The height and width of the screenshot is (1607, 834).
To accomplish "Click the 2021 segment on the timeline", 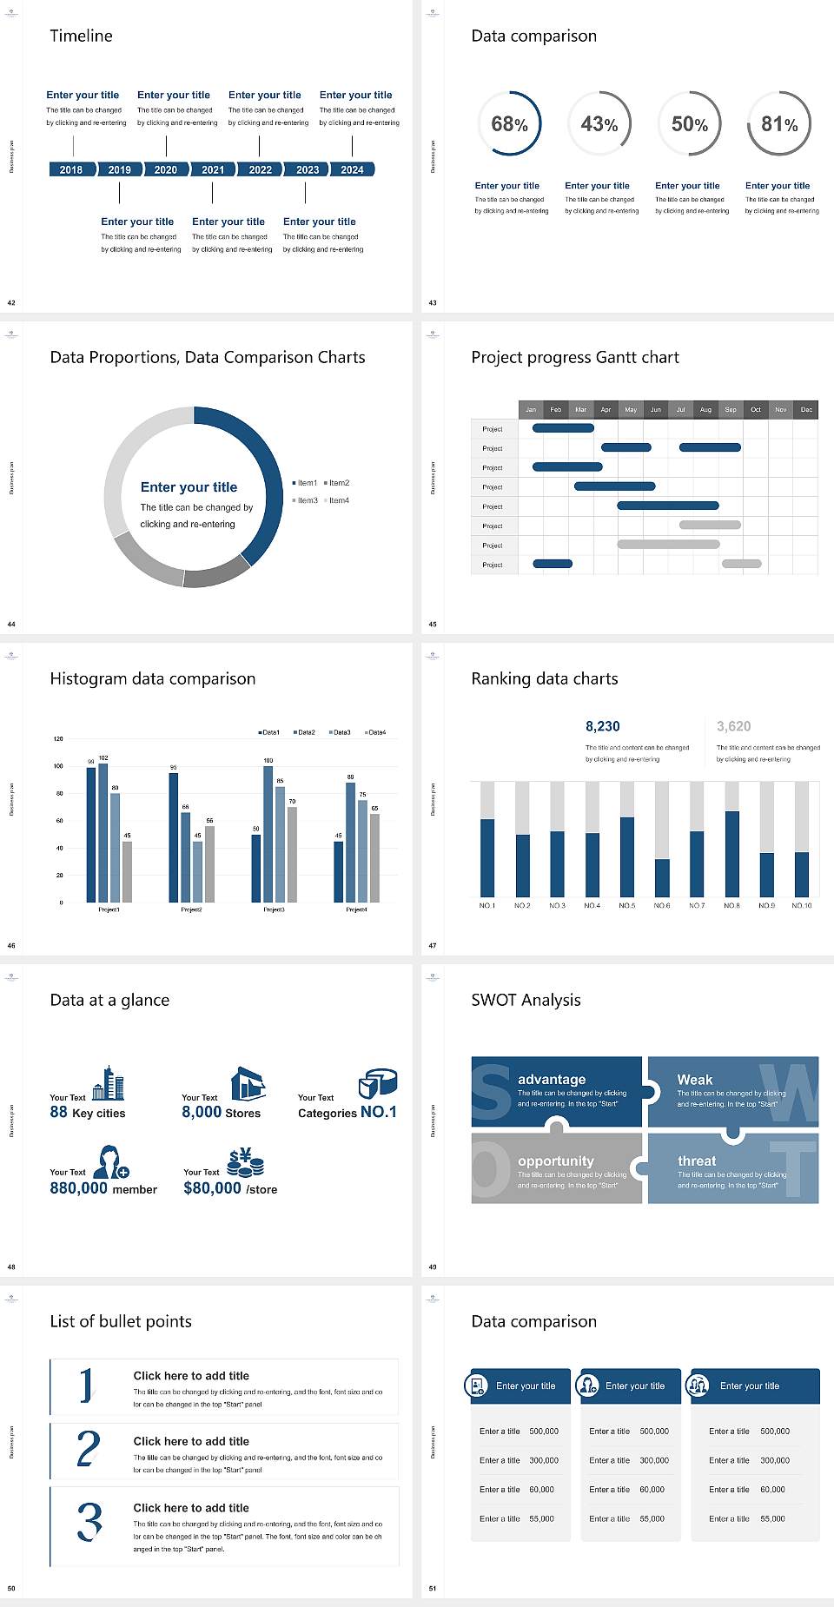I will point(213,169).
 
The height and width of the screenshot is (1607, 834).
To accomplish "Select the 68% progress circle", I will point(509,123).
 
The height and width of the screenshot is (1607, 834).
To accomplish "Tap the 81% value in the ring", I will point(779,124).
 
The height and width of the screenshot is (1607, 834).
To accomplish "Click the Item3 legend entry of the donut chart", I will point(306,500).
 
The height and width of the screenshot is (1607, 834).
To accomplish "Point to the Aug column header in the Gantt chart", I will point(705,409).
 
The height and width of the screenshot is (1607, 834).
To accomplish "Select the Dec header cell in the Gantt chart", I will point(806,409).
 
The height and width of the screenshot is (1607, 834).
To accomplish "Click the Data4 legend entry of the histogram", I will point(375,732).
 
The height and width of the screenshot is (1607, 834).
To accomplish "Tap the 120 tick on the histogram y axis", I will point(58,738).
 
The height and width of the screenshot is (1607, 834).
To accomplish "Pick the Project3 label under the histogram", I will point(274,909).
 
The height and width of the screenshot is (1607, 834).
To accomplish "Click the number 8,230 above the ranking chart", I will point(602,726).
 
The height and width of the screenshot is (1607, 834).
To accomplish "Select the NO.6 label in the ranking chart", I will point(662,905).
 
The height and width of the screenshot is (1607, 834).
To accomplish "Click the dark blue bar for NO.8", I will point(732,853).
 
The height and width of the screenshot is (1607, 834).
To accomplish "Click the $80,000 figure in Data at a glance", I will point(212,1188).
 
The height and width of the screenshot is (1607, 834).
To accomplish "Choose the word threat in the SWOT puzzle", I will point(697,1161).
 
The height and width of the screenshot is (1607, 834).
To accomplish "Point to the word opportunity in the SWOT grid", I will point(556,1161).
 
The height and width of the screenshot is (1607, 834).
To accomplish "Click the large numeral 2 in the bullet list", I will point(89,1450).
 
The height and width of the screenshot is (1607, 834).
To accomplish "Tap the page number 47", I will point(433,945).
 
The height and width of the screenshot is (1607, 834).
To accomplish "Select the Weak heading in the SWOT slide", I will point(694,1079).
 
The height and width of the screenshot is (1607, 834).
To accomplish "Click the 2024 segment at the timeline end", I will point(352,169).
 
